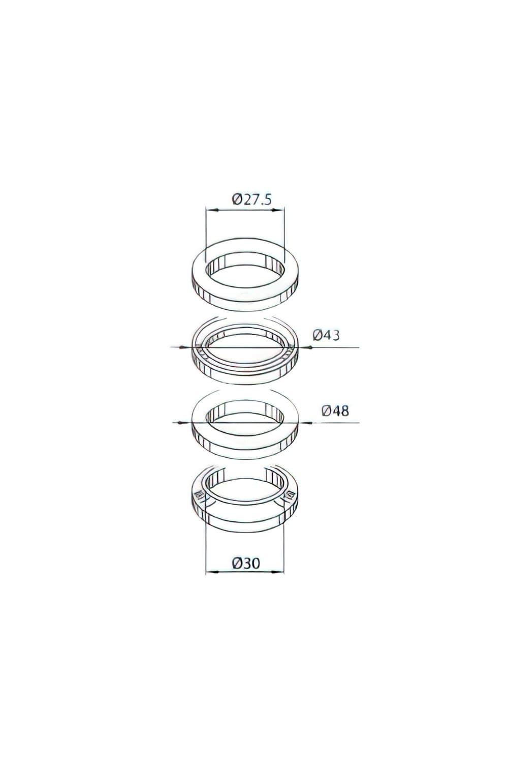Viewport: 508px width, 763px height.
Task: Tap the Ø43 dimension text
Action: (326, 335)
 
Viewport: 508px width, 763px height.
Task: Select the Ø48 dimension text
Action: (335, 410)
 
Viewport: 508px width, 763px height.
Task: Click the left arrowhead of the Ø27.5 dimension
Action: (209, 209)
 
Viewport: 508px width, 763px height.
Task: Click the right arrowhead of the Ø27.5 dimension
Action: (281, 209)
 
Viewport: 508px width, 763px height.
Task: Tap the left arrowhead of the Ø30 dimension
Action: (209, 572)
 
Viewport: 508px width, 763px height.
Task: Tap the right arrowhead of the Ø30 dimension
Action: (280, 572)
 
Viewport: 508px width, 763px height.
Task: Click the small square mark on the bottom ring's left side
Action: (199, 494)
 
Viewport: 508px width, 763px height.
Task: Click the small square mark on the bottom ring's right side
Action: (291, 494)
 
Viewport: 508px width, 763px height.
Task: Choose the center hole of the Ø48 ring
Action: (245, 418)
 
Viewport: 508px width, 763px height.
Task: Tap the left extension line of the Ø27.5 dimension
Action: (205, 229)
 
